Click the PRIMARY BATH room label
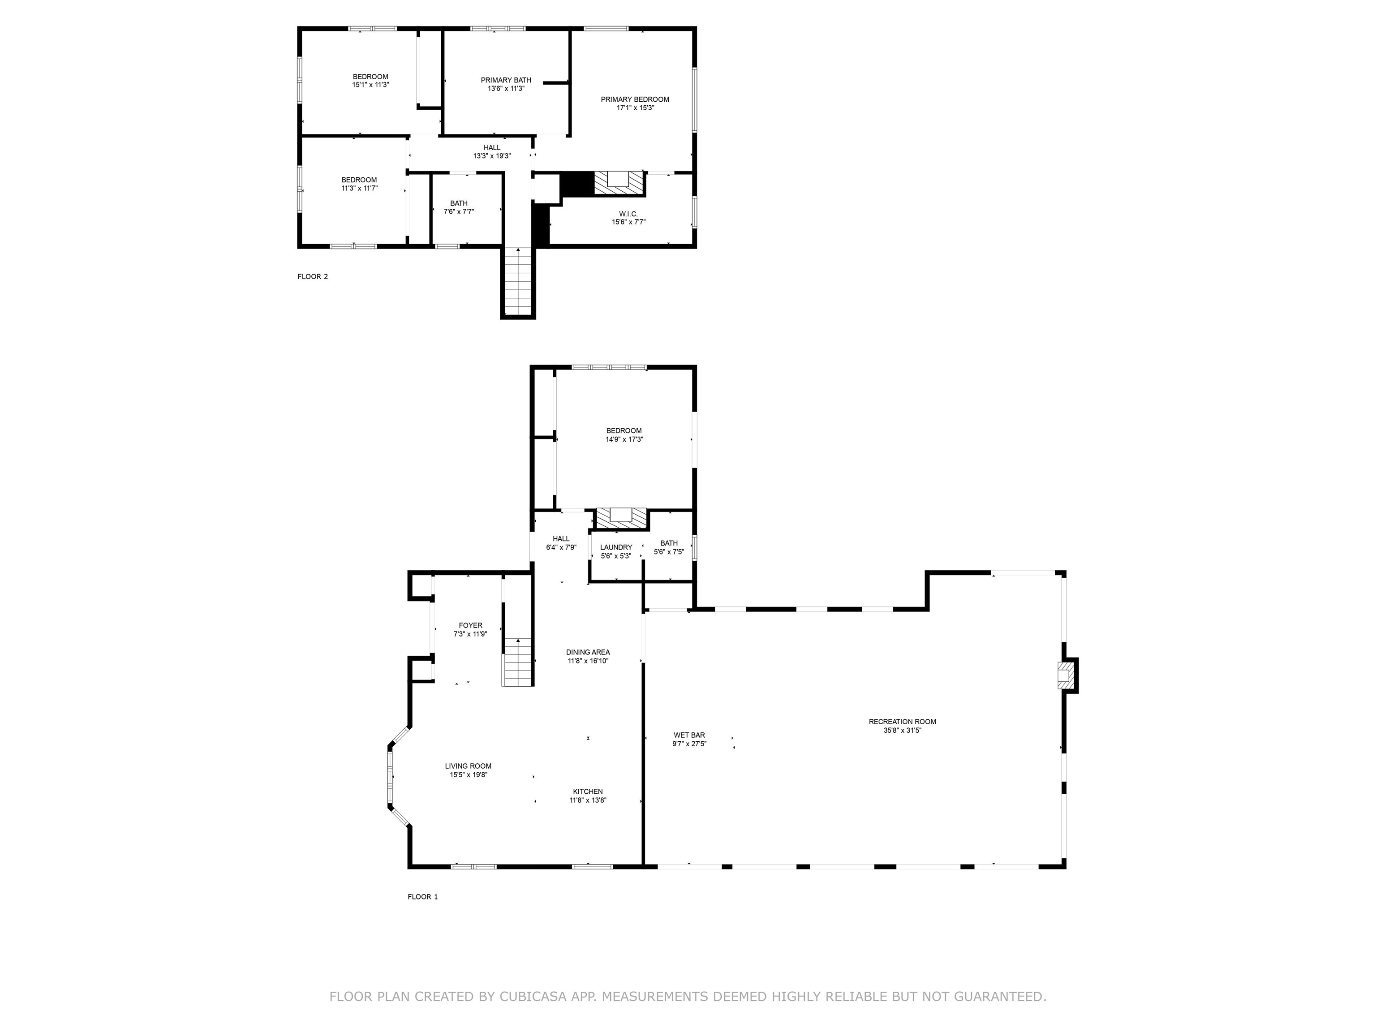click(x=506, y=80)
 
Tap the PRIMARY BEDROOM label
click(x=635, y=99)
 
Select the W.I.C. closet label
click(x=628, y=214)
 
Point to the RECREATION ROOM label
click(x=902, y=722)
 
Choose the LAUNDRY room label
click(x=616, y=547)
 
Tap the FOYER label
click(x=470, y=626)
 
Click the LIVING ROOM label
click(x=468, y=766)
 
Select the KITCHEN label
click(x=588, y=792)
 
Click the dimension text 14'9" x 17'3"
click(x=624, y=439)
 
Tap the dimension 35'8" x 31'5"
click(x=902, y=730)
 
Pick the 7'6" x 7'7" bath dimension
click(x=459, y=211)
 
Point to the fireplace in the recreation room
click(x=1066, y=675)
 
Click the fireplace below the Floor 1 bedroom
click(x=620, y=519)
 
